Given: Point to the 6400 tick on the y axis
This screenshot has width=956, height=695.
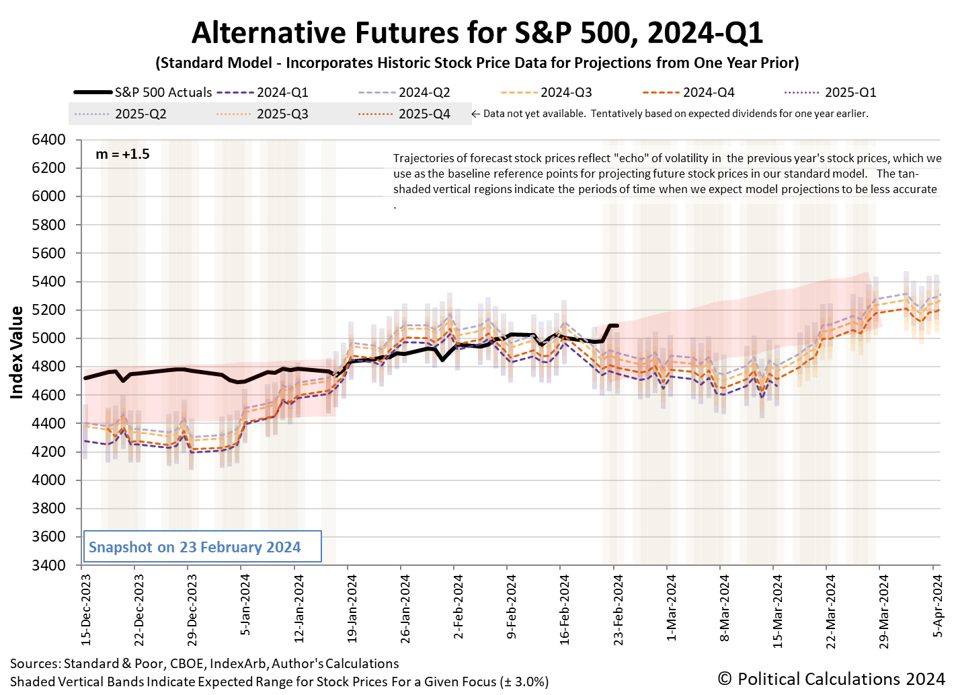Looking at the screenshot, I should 49,140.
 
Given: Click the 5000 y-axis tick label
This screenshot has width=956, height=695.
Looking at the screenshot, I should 49,338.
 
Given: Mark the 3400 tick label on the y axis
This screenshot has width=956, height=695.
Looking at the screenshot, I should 49,565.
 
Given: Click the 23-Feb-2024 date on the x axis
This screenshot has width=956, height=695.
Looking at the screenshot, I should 618,610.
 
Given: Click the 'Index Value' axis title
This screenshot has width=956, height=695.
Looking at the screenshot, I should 17,353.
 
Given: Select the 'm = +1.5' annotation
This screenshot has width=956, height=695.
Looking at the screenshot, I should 122,154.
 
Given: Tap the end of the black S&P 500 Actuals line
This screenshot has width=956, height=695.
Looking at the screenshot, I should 617,326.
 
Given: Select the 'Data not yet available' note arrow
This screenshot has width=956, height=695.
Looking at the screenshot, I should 475,114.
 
